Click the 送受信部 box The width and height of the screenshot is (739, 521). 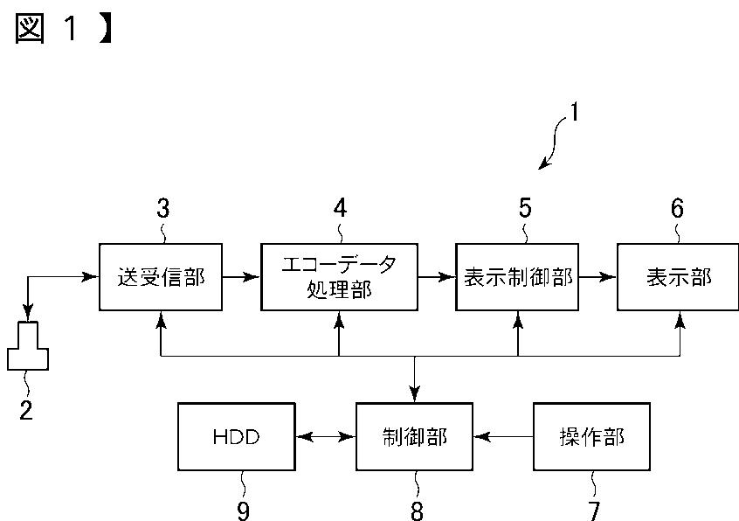[161, 277]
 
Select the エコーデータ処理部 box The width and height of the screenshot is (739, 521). [339, 277]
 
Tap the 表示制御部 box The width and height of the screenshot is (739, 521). [517, 277]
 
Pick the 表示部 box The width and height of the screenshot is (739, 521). [678, 277]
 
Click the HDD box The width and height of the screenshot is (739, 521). [237, 436]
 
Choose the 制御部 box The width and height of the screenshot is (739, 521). [414, 436]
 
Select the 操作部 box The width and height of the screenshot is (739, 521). [592, 436]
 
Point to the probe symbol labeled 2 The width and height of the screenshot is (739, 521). [28, 346]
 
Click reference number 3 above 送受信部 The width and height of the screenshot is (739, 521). [163, 208]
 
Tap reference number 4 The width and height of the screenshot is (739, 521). [341, 208]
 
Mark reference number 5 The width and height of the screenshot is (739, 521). [525, 208]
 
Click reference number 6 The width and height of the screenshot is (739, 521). [677, 208]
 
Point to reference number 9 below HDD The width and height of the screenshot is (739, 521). [243, 511]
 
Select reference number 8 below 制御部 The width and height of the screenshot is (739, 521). [417, 511]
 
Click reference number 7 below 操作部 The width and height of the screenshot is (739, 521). [594, 511]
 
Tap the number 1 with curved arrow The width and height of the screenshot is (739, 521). [574, 112]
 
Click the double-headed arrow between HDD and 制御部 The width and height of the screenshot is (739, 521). [326, 437]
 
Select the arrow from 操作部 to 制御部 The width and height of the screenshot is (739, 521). [503, 437]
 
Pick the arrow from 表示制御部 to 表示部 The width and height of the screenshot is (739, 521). [597, 277]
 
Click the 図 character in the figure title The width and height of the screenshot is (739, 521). [30, 28]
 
